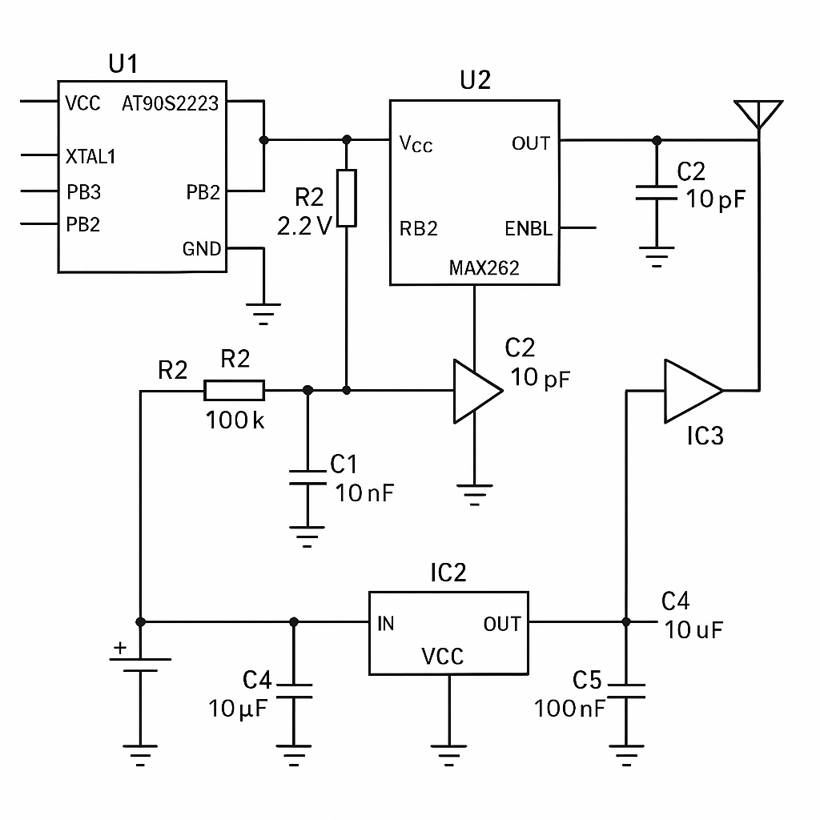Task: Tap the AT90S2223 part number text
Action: [x=170, y=104]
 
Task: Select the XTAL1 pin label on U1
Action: [x=90, y=157]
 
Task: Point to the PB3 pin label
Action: [x=83, y=193]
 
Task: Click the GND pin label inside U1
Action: [x=201, y=249]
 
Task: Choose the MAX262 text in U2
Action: [x=484, y=268]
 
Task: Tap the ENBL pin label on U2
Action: [x=529, y=229]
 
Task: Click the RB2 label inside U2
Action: [x=418, y=229]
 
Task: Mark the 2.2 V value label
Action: [x=304, y=227]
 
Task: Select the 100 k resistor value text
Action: [x=235, y=420]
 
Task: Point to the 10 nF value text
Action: [x=364, y=492]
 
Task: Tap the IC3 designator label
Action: [x=705, y=436]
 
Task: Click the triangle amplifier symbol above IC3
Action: [x=690, y=391]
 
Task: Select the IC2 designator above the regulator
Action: [x=448, y=573]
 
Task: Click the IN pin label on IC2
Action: [x=385, y=624]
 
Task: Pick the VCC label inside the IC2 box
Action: [x=442, y=657]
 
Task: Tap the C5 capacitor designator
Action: [x=586, y=681]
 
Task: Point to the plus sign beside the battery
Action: [x=119, y=648]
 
